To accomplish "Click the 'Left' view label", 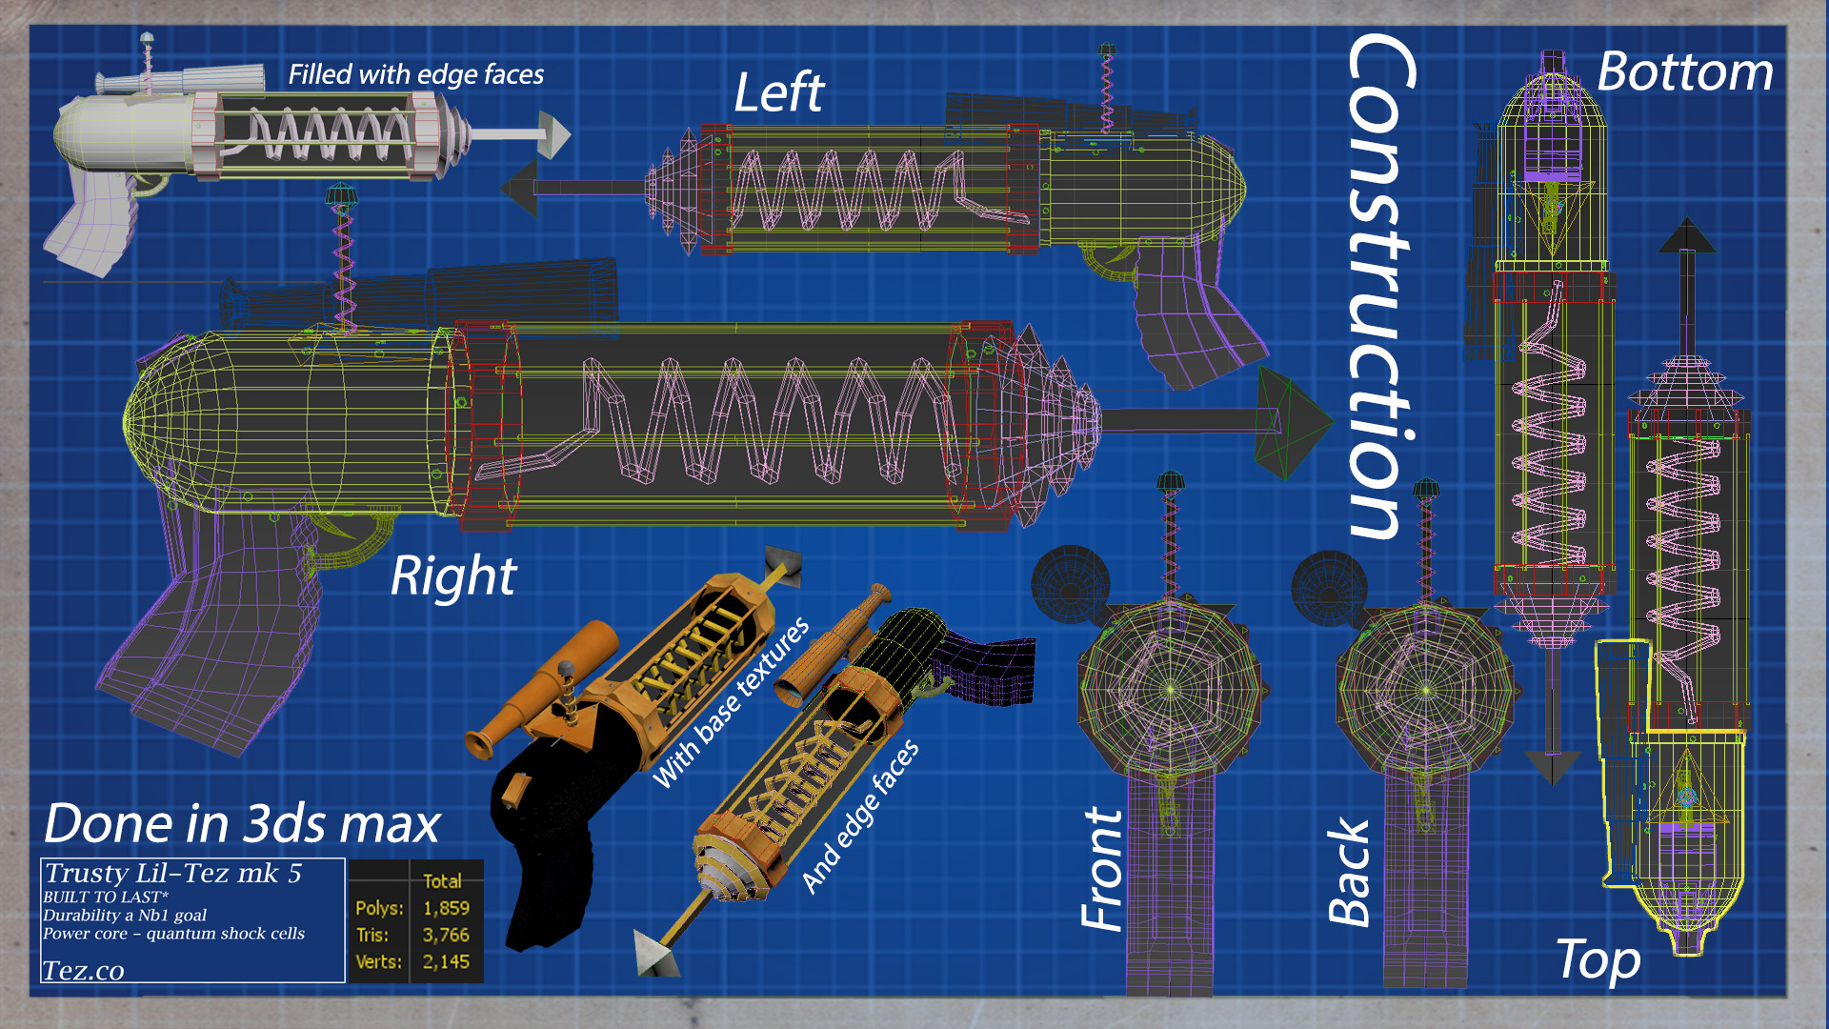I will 778,92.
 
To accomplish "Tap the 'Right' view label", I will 453,576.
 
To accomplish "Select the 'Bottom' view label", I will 1684,72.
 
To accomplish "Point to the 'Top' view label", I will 1598,959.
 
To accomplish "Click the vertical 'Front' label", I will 1102,869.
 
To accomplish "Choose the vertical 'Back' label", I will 1349,873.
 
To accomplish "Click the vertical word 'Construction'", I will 1381,286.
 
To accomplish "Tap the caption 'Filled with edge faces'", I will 415,74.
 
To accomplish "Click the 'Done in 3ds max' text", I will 242,824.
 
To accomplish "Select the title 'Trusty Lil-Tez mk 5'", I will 173,873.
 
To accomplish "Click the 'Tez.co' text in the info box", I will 83,971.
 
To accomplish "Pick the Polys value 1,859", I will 446,908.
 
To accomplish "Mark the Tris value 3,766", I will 446,935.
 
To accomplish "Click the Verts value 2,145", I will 446,961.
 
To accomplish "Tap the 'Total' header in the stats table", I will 442,881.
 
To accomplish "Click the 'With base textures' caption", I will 731,703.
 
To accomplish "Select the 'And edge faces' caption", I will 860,817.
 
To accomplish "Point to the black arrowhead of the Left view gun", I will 520,188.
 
